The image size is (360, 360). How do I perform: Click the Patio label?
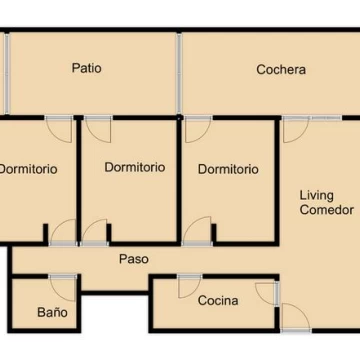[x=87, y=68]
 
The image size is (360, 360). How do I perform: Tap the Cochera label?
[x=281, y=70]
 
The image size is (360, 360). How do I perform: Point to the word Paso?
[x=134, y=259]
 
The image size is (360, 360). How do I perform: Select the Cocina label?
[x=218, y=301]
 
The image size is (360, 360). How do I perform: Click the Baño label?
[x=52, y=312]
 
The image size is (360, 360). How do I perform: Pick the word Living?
[x=317, y=196]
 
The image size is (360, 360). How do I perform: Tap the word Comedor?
[x=327, y=210]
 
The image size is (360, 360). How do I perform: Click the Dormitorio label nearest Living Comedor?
[x=228, y=169]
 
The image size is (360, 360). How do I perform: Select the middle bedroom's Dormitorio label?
[x=135, y=167]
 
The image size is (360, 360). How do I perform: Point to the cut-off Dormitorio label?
[x=29, y=169]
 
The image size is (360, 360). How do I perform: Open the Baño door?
[x=63, y=288]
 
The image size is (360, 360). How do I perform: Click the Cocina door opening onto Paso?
[x=189, y=286]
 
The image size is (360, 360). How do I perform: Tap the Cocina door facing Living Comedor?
[x=268, y=293]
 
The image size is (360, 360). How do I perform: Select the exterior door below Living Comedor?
[x=296, y=317]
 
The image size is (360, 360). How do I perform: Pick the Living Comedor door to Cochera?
[x=295, y=130]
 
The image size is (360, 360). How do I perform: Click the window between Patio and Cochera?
[x=179, y=73]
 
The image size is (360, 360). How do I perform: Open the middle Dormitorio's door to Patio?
[x=98, y=129]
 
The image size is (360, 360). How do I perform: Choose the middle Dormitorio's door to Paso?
[x=94, y=232]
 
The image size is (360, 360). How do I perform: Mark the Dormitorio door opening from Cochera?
[x=198, y=129]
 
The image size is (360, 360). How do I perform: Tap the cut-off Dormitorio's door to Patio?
[x=59, y=129]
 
